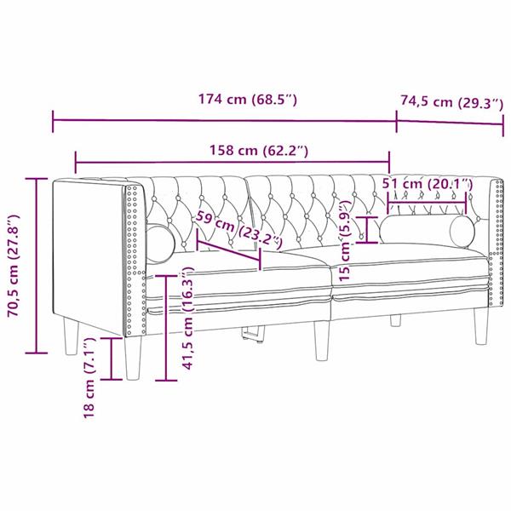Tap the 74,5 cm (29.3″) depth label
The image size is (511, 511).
pos(451,102)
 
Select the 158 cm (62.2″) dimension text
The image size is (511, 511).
pos(259,151)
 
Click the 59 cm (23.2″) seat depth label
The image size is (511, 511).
pos(237,230)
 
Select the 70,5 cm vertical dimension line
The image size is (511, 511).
pos(36,264)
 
